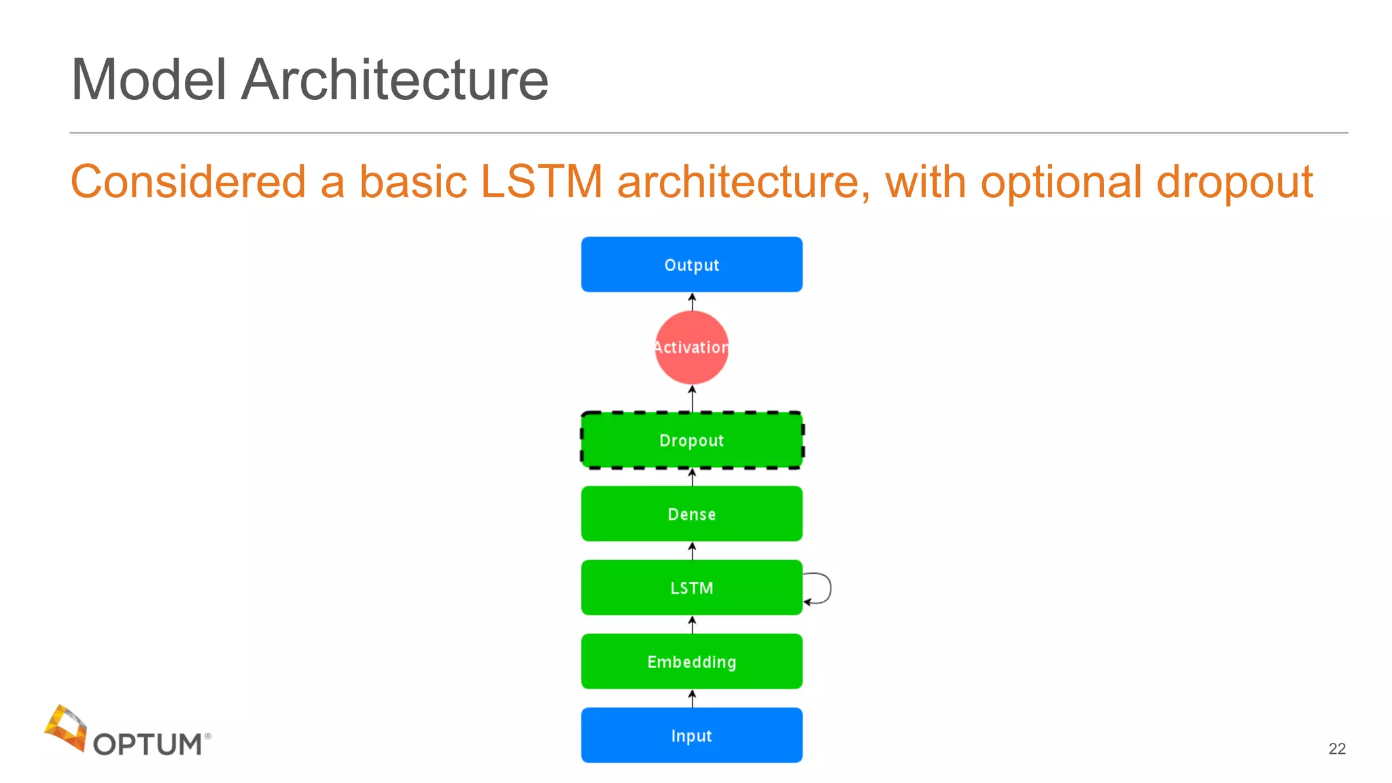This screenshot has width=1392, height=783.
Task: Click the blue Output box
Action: coord(691,264)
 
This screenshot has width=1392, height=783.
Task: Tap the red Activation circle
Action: coord(691,347)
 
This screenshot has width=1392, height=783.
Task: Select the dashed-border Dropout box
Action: coord(691,440)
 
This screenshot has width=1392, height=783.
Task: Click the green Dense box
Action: coord(691,514)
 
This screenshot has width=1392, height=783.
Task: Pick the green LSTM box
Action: coord(691,587)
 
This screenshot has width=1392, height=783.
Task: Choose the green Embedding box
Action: coord(691,661)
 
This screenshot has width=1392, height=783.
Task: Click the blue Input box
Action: coord(691,735)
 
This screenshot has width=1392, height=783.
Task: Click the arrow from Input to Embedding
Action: coord(692,699)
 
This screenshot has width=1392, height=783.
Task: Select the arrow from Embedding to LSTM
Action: coord(692,625)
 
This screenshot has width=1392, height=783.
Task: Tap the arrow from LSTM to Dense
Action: coord(692,551)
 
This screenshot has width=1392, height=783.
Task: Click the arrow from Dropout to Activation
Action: coord(692,398)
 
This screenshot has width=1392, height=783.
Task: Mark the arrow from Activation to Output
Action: coord(692,302)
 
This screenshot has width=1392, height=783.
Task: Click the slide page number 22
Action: coord(1336,748)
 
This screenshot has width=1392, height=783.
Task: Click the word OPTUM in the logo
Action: coord(147,744)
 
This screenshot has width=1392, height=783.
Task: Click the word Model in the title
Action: coord(148,80)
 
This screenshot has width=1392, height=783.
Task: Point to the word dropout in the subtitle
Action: coord(1234,182)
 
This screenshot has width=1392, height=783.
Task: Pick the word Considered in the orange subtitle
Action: coord(188,182)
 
